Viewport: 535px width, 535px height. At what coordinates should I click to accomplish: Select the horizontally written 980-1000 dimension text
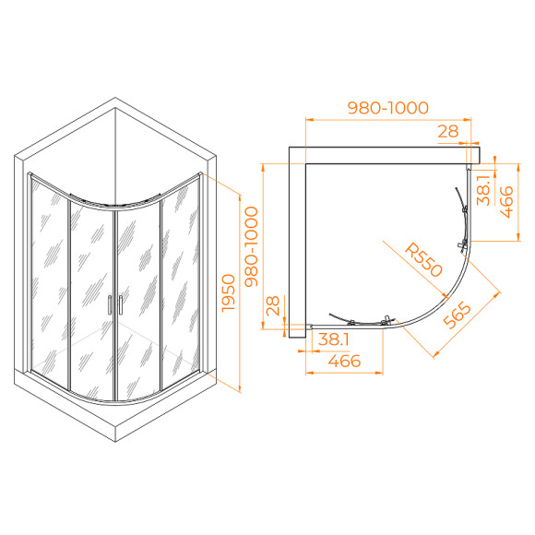[x=388, y=107]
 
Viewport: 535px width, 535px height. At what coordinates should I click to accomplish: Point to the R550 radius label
[x=425, y=261]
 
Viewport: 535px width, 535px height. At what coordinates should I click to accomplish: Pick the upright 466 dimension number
[x=344, y=362]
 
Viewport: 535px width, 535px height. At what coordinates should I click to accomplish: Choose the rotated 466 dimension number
[x=505, y=201]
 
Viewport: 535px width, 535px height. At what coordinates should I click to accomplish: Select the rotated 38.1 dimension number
[x=484, y=191]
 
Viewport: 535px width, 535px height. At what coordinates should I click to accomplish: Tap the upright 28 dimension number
[x=448, y=131]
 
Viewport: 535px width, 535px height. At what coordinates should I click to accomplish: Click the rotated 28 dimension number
[x=274, y=307]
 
